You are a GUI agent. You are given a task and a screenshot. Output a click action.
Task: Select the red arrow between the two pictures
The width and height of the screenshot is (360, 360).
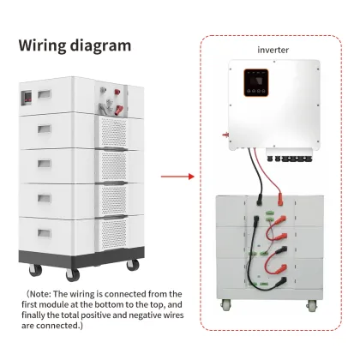179,177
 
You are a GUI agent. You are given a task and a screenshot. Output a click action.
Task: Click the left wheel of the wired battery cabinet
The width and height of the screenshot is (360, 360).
226,304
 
